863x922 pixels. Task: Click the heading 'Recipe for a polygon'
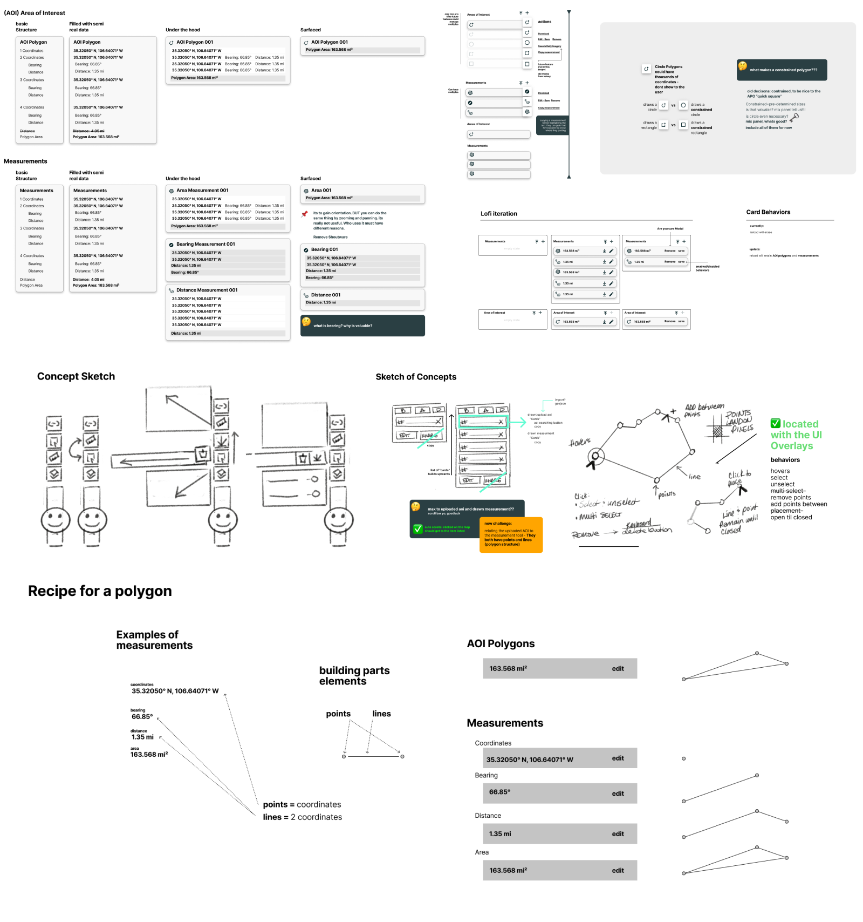point(100,591)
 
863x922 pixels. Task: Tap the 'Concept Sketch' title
point(76,376)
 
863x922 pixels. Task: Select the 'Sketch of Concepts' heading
point(416,377)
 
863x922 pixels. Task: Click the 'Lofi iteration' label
point(499,214)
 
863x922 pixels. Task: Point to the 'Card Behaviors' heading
point(768,212)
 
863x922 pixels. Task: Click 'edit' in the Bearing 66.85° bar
point(618,794)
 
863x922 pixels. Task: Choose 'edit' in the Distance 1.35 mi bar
point(618,834)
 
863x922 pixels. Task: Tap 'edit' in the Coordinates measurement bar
point(618,758)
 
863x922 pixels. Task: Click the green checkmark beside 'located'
point(776,424)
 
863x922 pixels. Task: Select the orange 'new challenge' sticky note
point(510,534)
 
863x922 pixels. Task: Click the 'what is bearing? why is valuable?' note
point(362,326)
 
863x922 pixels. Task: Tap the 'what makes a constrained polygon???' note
point(782,70)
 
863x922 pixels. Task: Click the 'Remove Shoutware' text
point(330,237)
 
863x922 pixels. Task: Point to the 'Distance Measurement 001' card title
point(207,290)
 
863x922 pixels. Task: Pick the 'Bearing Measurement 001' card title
point(206,244)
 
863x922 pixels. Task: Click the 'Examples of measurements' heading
point(154,640)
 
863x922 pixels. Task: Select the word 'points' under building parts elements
point(338,714)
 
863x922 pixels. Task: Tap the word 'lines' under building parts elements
point(381,714)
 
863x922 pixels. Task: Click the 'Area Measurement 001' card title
point(202,191)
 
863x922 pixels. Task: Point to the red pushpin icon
point(305,214)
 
